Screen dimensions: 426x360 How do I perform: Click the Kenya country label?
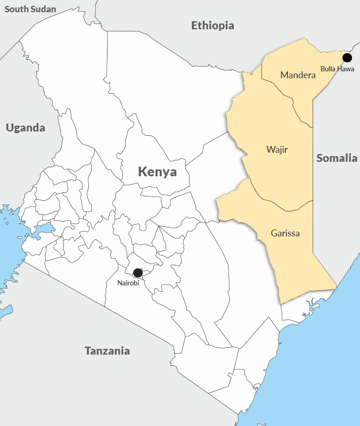coord(157,172)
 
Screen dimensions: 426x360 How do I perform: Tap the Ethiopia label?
coord(212,26)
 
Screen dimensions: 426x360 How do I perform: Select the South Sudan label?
coord(30,9)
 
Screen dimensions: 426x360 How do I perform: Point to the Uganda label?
coord(25,128)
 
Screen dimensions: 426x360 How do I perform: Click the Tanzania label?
coord(107,351)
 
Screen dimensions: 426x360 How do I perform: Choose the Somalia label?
coord(337,158)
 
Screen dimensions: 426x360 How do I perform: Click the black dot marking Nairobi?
coord(137,273)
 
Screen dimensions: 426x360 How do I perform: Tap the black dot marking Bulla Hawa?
coord(347,58)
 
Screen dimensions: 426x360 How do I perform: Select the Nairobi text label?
coord(128,283)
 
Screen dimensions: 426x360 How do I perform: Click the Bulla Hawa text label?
coord(338,68)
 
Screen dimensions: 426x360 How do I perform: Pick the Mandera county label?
coord(298,75)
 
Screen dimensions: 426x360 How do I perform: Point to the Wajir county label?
coord(277,150)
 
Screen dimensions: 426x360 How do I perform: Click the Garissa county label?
coord(285,233)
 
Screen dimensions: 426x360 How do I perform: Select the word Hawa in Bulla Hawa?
coord(346,68)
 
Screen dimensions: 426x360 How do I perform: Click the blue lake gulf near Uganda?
coord(43,230)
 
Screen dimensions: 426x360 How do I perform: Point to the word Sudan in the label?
coord(44,9)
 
